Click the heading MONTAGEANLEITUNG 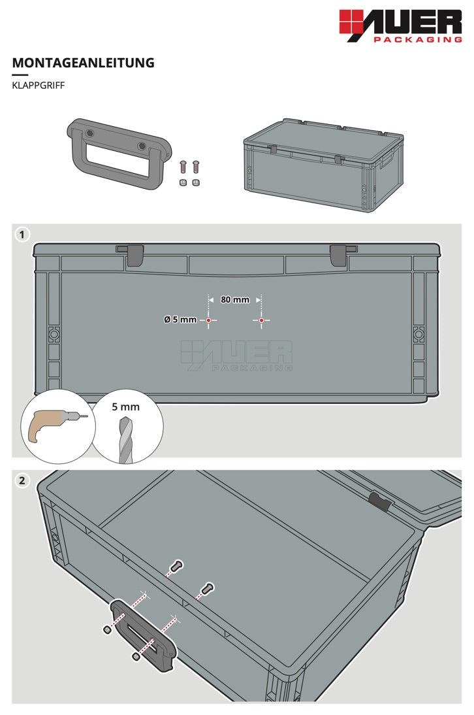click(84, 63)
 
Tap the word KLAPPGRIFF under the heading click(39, 85)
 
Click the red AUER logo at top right click(401, 26)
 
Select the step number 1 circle click(22, 235)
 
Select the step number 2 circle click(22, 480)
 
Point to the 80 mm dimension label click(235, 299)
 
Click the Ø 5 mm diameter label click(180, 320)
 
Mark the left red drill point click(209, 320)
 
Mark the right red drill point click(261, 320)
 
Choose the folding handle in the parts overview click(119, 154)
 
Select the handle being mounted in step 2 click(142, 636)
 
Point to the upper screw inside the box click(177, 566)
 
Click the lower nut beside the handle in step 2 click(135, 657)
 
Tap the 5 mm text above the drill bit click(125, 407)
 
